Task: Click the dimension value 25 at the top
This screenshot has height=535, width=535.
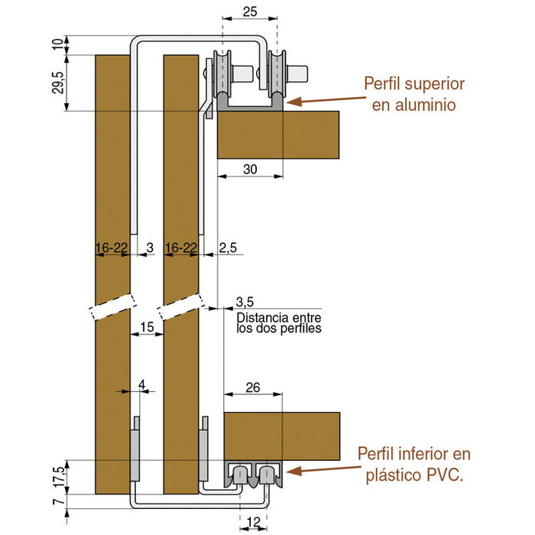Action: click(248, 12)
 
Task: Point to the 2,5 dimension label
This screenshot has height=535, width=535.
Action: click(228, 248)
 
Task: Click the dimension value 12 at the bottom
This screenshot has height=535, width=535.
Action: click(255, 524)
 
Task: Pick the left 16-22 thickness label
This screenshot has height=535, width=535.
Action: click(111, 248)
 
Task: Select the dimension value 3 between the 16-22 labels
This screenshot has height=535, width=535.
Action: click(149, 248)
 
